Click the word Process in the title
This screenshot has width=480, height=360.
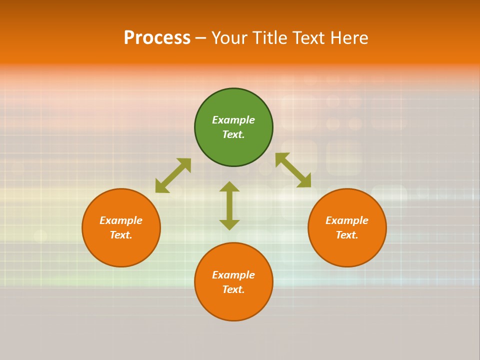157,38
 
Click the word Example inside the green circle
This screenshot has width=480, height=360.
233,120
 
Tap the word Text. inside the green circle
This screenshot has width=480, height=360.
233,134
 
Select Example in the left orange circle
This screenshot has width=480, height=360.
121,220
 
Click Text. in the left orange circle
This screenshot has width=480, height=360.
121,235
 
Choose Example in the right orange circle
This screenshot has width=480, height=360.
347,220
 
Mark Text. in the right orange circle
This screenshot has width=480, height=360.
347,235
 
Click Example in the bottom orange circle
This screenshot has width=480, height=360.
233,275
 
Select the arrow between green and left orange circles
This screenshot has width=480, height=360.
173,175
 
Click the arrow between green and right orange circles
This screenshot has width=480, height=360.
293,170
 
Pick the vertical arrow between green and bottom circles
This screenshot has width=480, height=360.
229,205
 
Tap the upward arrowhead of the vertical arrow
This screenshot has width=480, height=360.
229,186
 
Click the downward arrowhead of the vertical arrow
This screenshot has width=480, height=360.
229,224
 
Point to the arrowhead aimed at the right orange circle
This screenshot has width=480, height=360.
304,181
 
